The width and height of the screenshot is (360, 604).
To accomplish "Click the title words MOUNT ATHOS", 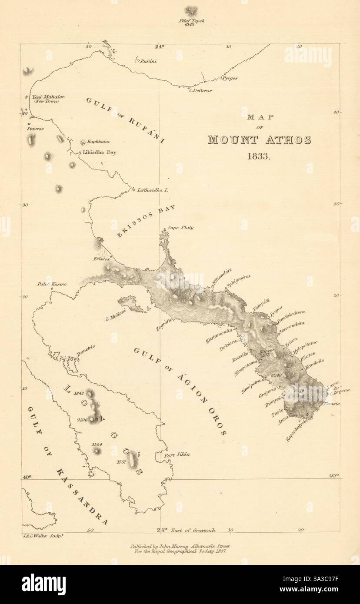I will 259,140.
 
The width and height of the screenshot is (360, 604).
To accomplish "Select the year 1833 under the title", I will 259,156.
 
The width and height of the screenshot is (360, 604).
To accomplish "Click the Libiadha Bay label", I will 100,153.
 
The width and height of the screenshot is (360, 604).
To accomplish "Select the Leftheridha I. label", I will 153,190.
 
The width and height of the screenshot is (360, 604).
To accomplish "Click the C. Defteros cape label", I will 200,90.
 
